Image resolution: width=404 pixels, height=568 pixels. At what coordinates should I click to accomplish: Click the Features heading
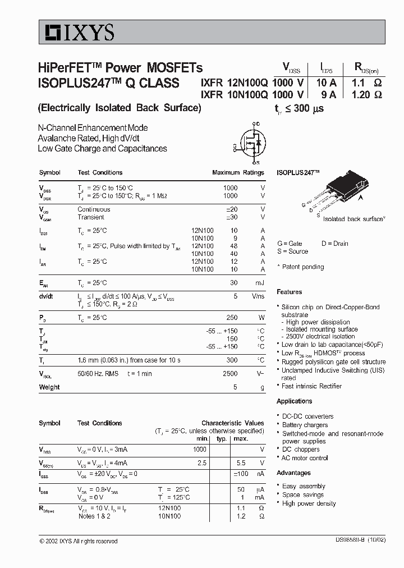(289, 292)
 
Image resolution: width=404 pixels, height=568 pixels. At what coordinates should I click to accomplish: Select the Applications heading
(294, 401)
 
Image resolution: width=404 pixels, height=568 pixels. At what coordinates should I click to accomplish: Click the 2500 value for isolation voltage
(231, 373)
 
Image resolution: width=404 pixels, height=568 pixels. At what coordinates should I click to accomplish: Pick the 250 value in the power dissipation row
(232, 318)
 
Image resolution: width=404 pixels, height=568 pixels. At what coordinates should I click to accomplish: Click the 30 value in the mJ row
(234, 283)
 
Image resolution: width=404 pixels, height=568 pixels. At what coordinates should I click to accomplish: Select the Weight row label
(49, 387)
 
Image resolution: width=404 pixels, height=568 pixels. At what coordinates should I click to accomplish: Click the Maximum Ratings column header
(238, 173)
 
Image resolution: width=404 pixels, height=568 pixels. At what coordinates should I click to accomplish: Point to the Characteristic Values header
(232, 423)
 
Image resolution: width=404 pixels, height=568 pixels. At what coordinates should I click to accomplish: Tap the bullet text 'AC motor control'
(305, 458)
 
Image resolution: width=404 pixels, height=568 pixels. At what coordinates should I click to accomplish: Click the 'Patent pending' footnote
(302, 267)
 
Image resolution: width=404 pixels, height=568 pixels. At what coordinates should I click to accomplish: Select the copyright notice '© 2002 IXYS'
(79, 541)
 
